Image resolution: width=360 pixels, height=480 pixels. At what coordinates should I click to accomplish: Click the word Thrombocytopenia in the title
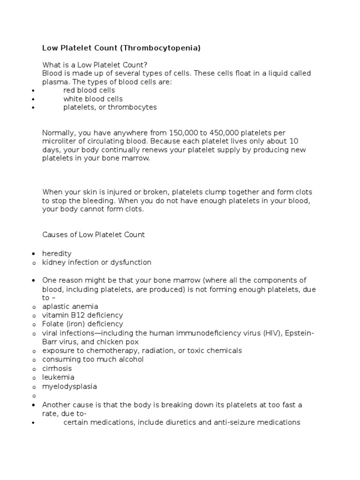[x=162, y=48]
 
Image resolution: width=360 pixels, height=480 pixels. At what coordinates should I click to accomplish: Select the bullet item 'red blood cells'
[x=89, y=90]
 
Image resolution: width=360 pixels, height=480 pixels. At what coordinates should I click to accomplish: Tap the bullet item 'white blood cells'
[x=93, y=99]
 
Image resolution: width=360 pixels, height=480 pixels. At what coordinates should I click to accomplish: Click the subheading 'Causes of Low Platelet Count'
[x=94, y=235]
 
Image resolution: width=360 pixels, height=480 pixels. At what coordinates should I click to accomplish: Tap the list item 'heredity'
[x=57, y=254]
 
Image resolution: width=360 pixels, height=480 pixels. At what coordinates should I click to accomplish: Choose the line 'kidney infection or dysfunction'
[x=97, y=262]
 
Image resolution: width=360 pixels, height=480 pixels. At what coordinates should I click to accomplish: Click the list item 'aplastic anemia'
[x=70, y=307]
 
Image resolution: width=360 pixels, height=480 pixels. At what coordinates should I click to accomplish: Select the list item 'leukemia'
[x=58, y=377]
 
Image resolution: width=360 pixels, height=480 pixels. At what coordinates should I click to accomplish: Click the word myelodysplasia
[x=70, y=386]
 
